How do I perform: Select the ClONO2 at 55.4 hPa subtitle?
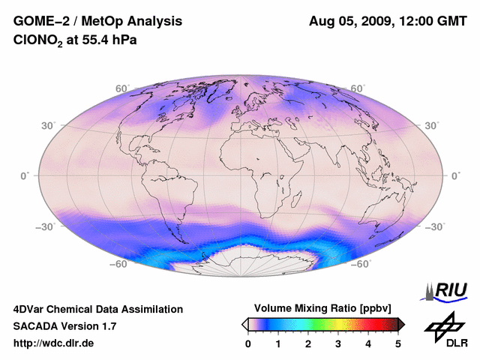point(75,40)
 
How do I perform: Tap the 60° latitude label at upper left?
point(122,88)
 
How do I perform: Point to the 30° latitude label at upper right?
point(431,125)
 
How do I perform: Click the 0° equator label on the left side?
point(25,175)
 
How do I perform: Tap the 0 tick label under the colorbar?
point(248,343)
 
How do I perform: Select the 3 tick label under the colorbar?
point(338,343)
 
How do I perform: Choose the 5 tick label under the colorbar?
point(398,343)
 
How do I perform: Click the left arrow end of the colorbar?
point(245,324)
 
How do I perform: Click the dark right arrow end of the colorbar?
point(401,324)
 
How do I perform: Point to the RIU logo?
point(445,289)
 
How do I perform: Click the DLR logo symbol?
point(445,325)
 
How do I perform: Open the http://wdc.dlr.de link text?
point(54,343)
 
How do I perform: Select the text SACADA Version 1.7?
point(65,326)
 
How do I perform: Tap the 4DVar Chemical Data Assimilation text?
point(97,309)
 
